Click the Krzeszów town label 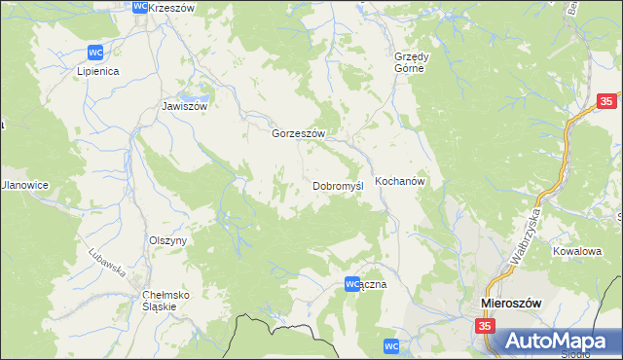[173, 8]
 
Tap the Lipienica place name [97, 71]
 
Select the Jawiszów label [185, 107]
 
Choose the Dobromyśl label [338, 185]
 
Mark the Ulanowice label [23, 185]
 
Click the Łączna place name [375, 285]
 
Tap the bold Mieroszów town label [511, 304]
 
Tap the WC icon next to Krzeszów [139, 6]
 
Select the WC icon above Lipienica [95, 52]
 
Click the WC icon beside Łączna [352, 283]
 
